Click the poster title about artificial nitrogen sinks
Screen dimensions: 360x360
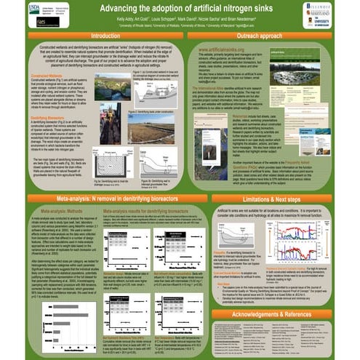click(x=180, y=8)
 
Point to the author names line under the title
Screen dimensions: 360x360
click(x=180, y=17)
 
